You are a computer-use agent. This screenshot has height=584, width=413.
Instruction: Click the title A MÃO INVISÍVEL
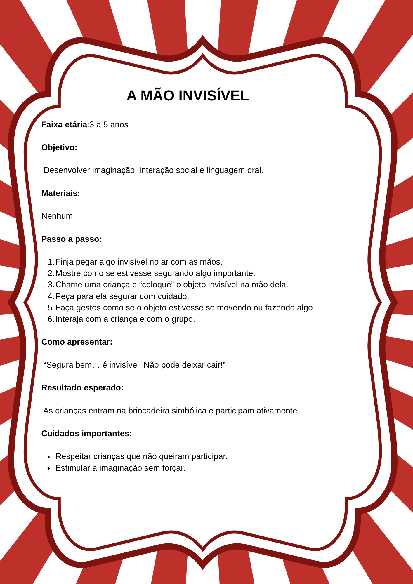click(188, 96)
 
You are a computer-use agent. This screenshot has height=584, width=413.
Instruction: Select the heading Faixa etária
click(64, 125)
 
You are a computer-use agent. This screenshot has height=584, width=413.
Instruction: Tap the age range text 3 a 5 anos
click(109, 125)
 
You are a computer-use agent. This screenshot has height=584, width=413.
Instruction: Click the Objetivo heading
click(59, 147)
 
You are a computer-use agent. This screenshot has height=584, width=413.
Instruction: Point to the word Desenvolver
click(67, 170)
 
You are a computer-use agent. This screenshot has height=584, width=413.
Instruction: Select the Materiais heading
click(61, 193)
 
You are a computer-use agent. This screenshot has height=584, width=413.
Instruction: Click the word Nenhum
click(57, 216)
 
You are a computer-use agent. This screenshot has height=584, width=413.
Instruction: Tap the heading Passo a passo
click(72, 239)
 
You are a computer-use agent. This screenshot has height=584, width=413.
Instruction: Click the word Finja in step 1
click(64, 262)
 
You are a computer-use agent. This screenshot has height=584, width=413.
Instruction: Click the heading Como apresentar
click(77, 342)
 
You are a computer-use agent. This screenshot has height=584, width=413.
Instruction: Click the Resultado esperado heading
click(82, 388)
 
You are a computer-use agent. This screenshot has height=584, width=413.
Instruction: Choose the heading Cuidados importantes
click(86, 434)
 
